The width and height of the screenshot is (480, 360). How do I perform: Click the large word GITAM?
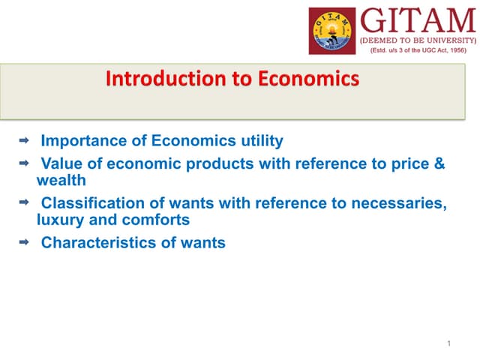tap(415, 19)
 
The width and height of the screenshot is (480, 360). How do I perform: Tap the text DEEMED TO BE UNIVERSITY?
tap(418, 39)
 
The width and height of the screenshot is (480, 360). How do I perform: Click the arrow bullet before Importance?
tap(23, 139)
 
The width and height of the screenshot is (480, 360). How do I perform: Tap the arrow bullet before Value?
tap(23, 161)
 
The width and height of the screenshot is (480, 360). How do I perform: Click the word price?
tap(406, 163)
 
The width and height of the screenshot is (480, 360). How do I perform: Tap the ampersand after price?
tap(439, 163)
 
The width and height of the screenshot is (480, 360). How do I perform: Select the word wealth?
tap(61, 181)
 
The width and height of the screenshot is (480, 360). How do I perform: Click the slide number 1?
tap(448, 343)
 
